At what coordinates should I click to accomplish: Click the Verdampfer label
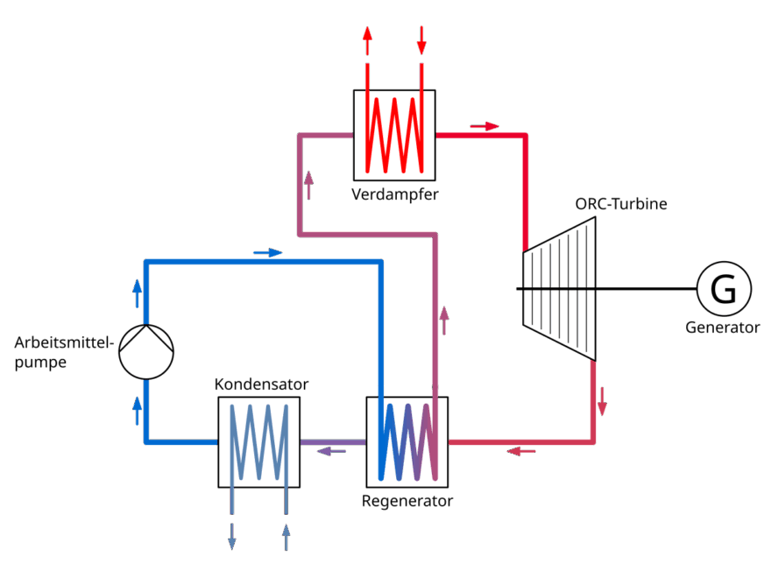pyautogui.click(x=394, y=194)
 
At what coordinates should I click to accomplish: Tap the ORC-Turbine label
pyautogui.click(x=621, y=205)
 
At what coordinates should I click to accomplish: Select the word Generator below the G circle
pyautogui.click(x=723, y=328)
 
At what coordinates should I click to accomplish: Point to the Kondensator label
pyautogui.click(x=261, y=384)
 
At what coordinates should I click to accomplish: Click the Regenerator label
pyautogui.click(x=407, y=502)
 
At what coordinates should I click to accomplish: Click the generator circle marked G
pyautogui.click(x=723, y=289)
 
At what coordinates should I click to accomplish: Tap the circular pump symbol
pyautogui.click(x=146, y=352)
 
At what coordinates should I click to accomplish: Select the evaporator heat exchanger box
pyautogui.click(x=394, y=133)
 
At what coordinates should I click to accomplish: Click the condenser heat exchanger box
pyautogui.click(x=258, y=442)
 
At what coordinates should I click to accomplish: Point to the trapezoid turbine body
pyautogui.click(x=559, y=288)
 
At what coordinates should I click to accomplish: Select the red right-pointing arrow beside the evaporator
pyautogui.click(x=484, y=126)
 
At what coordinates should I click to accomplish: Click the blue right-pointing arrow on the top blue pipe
pyautogui.click(x=267, y=253)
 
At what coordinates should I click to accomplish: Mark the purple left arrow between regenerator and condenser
pyautogui.click(x=331, y=451)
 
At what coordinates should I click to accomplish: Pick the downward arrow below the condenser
pyautogui.click(x=232, y=535)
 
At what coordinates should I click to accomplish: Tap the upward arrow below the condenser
pyautogui.click(x=286, y=535)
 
